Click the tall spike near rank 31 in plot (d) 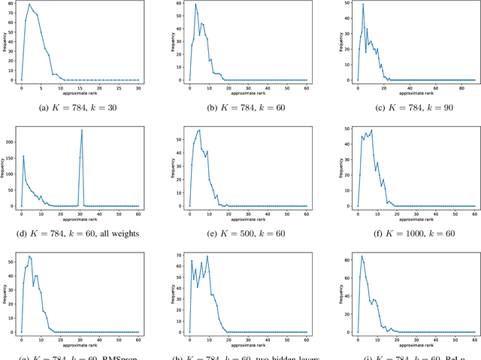coord(81,131)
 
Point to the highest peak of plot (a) coord(29,5)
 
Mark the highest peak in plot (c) coord(363,5)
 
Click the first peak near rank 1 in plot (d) coord(23,156)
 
